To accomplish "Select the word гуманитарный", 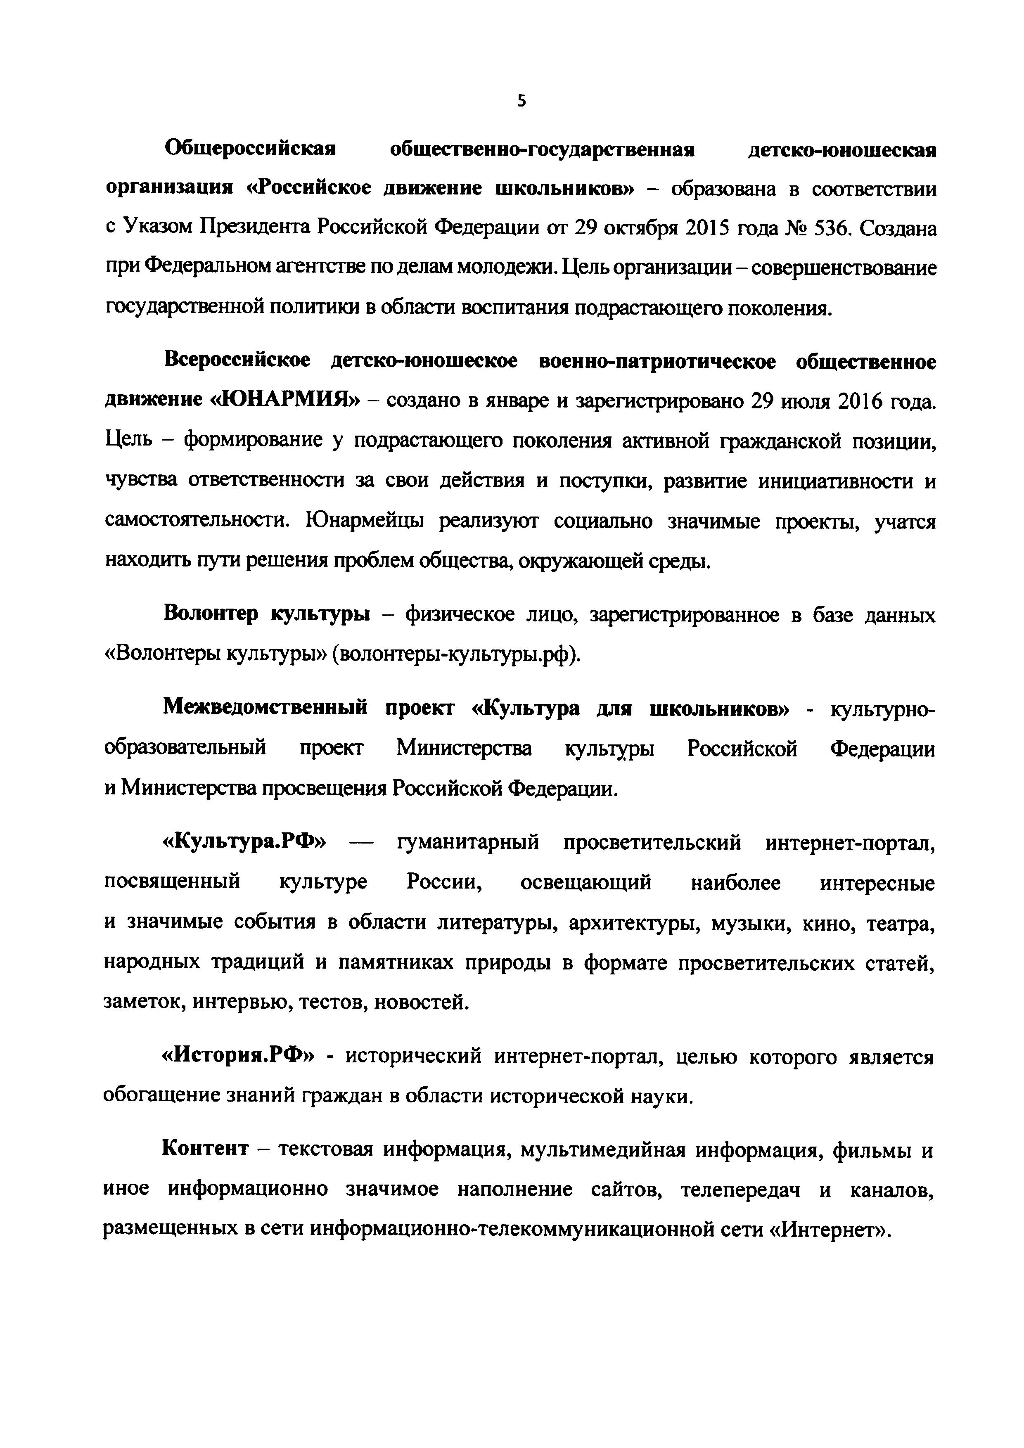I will pyautogui.click(x=468, y=843).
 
